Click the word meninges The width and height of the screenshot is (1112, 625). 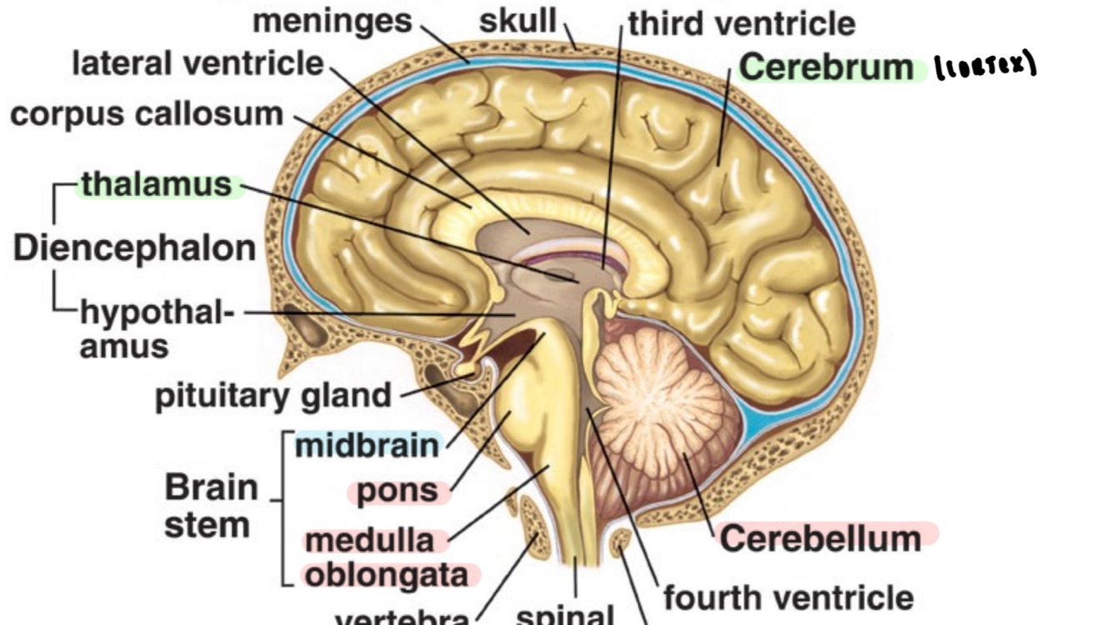coord(333,21)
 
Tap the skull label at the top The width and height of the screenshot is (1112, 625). coord(517,21)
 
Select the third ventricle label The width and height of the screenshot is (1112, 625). coord(741,23)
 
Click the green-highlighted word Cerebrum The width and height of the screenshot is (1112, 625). coord(826,67)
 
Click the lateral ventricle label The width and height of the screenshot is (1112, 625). coord(198,63)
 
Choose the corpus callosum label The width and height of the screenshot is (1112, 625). coord(147,114)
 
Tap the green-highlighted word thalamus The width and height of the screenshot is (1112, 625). coord(156,185)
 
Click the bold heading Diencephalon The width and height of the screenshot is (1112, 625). coord(134,248)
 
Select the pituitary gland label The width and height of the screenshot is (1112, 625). coord(273,396)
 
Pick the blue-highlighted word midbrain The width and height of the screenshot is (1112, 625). coord(367,446)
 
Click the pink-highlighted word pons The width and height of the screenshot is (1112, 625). coord(397,492)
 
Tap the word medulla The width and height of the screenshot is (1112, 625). coord(369,541)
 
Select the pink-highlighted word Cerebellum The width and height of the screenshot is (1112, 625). coord(820,538)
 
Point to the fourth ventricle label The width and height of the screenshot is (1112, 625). coord(788,597)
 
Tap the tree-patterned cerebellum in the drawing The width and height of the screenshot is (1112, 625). coord(659,400)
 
